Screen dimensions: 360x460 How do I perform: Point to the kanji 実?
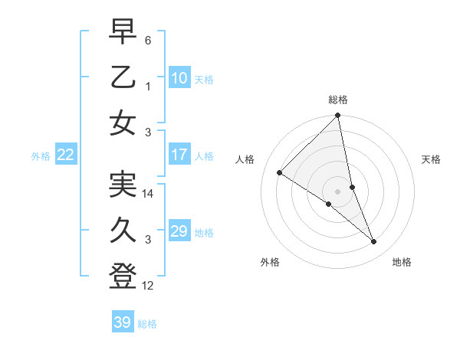click(x=123, y=185)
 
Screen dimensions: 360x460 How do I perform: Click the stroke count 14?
click(x=149, y=195)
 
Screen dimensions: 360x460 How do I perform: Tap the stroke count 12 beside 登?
click(x=149, y=286)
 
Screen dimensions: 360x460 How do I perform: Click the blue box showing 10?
click(x=179, y=77)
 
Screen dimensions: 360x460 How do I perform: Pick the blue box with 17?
click(x=179, y=155)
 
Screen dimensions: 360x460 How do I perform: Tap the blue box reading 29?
click(x=179, y=231)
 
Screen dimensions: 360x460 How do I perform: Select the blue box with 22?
click(x=66, y=155)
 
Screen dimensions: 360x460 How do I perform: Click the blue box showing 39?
click(x=122, y=322)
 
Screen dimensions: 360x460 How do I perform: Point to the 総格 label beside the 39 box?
click(x=147, y=324)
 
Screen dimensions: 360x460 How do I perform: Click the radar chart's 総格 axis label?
click(x=338, y=100)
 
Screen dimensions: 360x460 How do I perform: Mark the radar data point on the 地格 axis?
click(x=374, y=242)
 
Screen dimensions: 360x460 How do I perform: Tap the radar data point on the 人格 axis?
click(x=280, y=173)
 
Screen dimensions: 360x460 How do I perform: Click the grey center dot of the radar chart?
click(x=337, y=191)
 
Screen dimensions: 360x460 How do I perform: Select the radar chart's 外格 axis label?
click(x=270, y=262)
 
